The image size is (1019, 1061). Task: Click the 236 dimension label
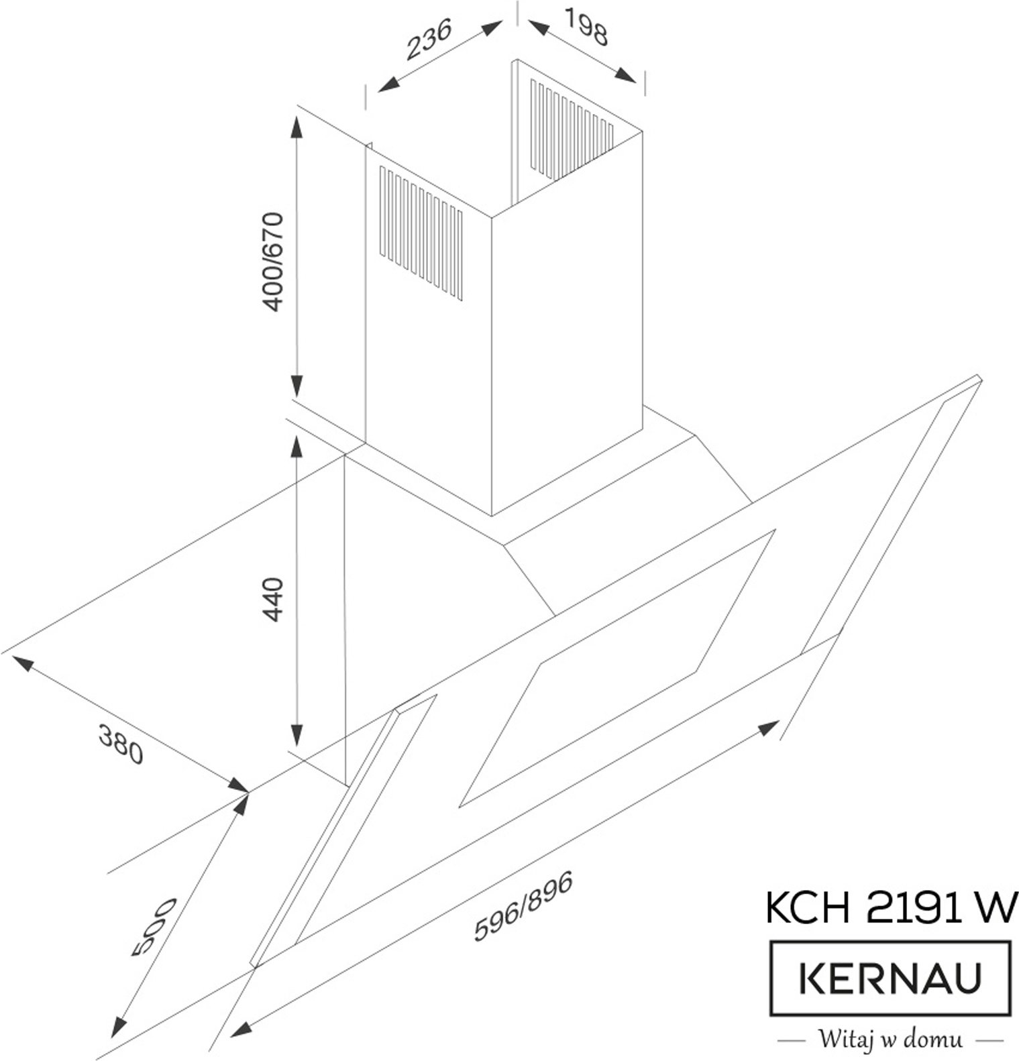(429, 38)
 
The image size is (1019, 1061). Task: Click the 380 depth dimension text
(121, 744)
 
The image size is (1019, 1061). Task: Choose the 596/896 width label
(524, 905)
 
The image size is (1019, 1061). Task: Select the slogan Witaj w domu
(890, 1040)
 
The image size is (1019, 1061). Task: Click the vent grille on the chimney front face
(421, 233)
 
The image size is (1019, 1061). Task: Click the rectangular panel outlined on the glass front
(617, 668)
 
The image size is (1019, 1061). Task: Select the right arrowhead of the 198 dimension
(625, 75)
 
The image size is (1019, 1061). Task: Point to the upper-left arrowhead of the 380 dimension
(23, 664)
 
